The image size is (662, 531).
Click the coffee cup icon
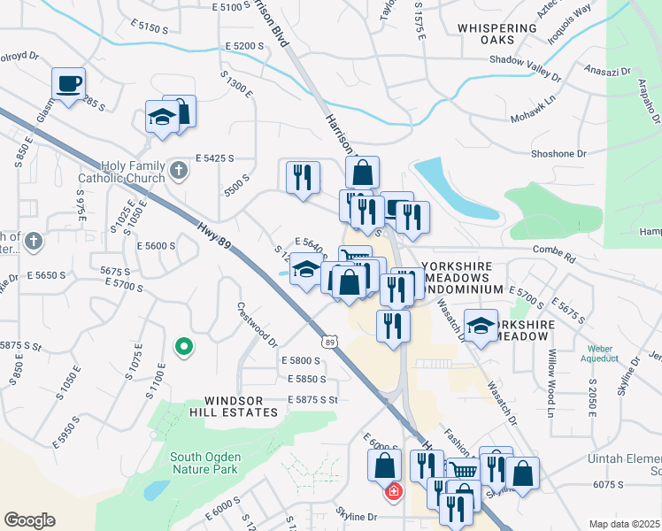(x=69, y=84)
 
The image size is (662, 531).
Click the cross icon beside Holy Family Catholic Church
(x=179, y=169)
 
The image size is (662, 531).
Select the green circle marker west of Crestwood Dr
(x=183, y=347)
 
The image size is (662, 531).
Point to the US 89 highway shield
(x=329, y=342)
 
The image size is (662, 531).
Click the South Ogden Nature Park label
(x=204, y=463)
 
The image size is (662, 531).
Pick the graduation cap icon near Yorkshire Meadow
(x=481, y=327)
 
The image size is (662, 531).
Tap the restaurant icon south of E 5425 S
(x=303, y=176)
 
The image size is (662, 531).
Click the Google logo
(x=29, y=520)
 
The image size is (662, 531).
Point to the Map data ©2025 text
(x=624, y=524)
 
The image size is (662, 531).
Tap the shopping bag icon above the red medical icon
(x=385, y=464)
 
